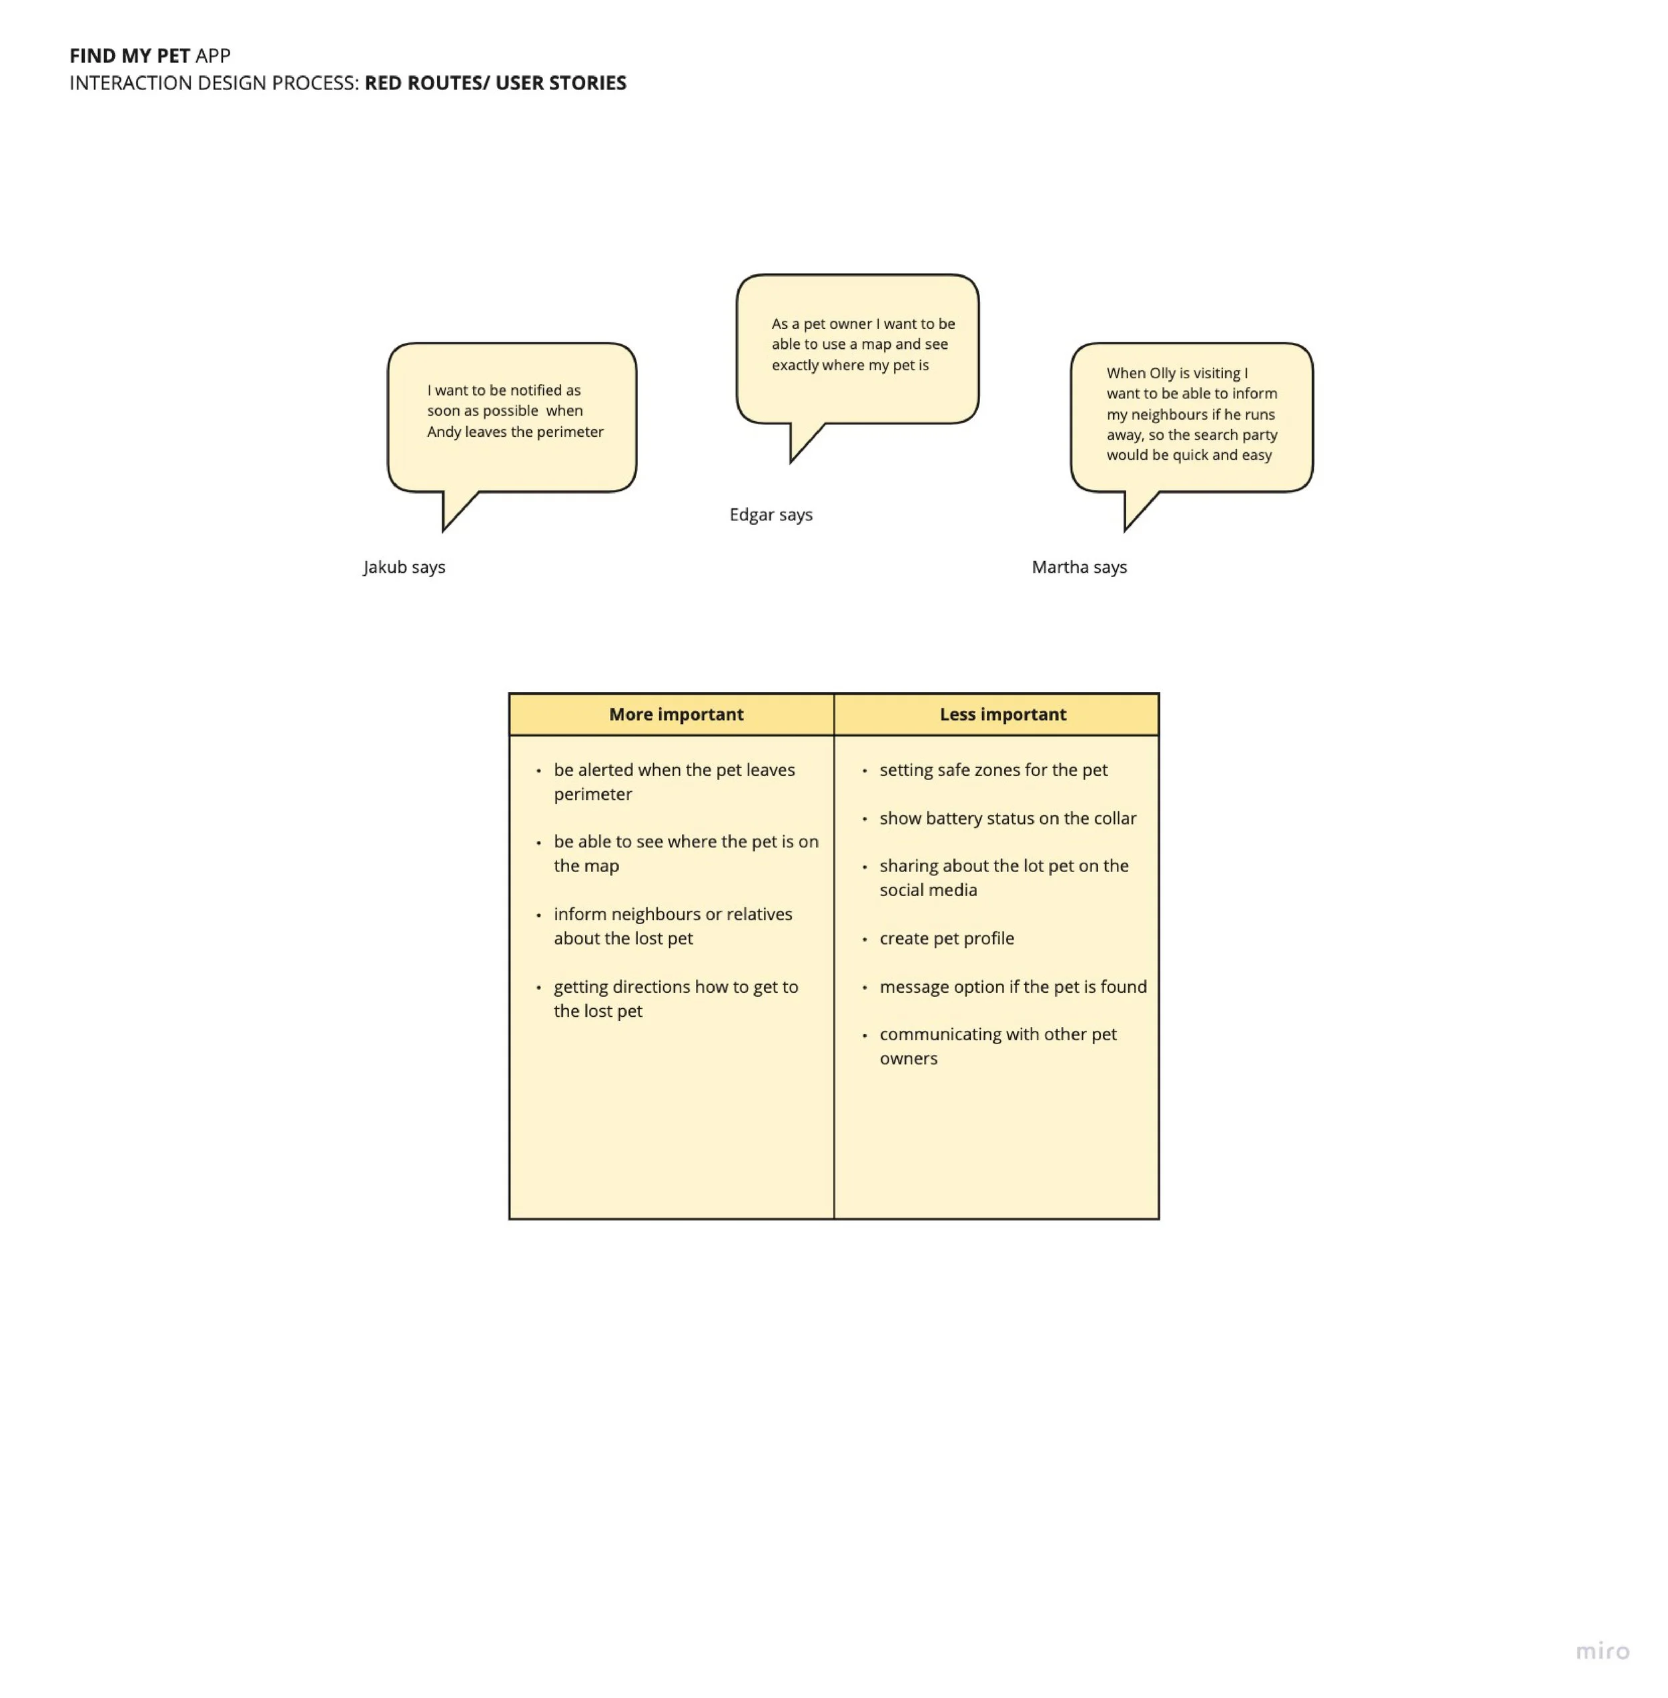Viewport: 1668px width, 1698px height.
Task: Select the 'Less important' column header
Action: pyautogui.click(x=1002, y=714)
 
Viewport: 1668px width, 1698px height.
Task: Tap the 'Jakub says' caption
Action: pyautogui.click(x=404, y=567)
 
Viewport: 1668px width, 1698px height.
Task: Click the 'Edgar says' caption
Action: pyautogui.click(x=771, y=514)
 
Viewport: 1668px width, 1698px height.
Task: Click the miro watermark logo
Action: pyautogui.click(x=1603, y=1651)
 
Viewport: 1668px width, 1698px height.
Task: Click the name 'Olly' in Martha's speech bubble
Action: pyautogui.click(x=1162, y=373)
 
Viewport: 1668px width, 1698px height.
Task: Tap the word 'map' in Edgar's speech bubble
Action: pyautogui.click(x=876, y=344)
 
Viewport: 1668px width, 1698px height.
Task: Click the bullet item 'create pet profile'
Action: pyautogui.click(x=946, y=938)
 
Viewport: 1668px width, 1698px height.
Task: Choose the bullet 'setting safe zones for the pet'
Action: pyautogui.click(x=993, y=770)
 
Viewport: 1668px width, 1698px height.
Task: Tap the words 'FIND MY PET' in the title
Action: pyautogui.click(x=129, y=56)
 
